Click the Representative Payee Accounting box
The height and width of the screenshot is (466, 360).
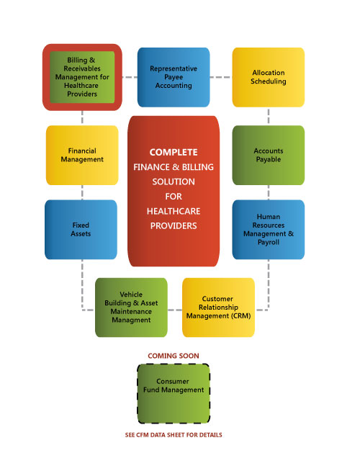coord(174,77)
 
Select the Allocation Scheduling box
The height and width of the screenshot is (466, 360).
coord(269,77)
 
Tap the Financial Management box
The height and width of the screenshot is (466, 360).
coord(82,155)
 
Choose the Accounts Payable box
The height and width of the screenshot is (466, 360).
coord(269,155)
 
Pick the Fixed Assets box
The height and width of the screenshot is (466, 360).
coord(81,230)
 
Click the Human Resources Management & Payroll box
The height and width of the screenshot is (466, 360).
coord(269,230)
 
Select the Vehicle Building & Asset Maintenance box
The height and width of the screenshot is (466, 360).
coord(131,308)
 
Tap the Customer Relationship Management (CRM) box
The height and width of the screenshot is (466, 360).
coord(218,308)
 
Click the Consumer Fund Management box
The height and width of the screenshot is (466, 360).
coord(174,393)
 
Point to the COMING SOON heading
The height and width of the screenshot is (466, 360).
coord(174,356)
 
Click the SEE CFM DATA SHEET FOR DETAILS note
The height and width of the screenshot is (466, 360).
coord(174,435)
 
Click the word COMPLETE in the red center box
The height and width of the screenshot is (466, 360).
coord(174,152)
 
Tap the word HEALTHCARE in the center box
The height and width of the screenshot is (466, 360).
coord(174,211)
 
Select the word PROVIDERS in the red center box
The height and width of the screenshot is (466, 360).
coord(174,226)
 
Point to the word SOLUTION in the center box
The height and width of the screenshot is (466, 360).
coord(174,182)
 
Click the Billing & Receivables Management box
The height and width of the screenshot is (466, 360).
coord(82,77)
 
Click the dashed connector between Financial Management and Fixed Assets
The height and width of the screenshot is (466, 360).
coord(82,192)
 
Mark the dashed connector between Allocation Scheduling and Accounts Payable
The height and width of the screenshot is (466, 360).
coord(269,116)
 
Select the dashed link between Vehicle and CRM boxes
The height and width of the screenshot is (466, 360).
coord(175,310)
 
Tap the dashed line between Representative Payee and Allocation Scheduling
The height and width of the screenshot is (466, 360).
coord(221,77)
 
